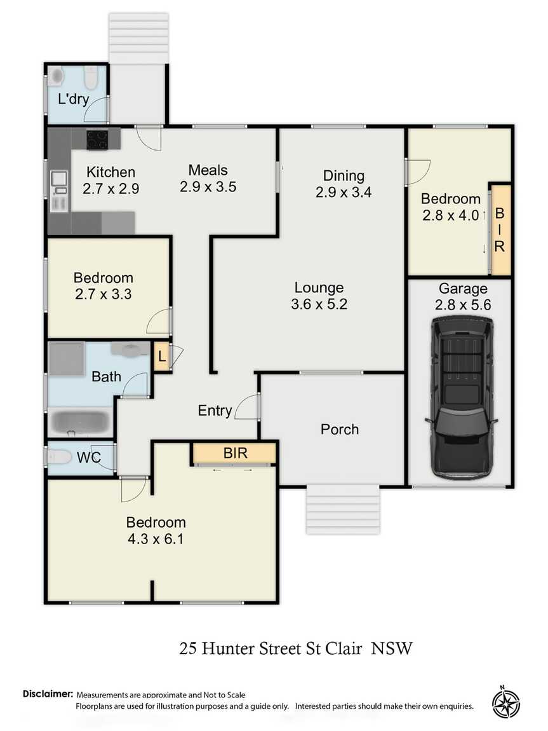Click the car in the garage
click(461, 397)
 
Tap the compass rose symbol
click(505, 702)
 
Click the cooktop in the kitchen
click(97, 139)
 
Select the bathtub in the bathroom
click(79, 422)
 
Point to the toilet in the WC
click(58, 456)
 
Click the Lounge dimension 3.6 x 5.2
click(319, 304)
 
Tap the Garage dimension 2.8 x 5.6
click(462, 304)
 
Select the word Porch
click(340, 429)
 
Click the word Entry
click(215, 410)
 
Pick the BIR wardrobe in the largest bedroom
click(235, 453)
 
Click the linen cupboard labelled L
click(161, 357)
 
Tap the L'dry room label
click(74, 99)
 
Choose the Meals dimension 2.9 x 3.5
click(208, 186)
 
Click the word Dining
click(344, 175)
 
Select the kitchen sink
click(59, 179)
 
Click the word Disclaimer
click(48, 693)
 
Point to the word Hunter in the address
click(228, 648)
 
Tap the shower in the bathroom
click(67, 359)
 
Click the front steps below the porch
click(343, 509)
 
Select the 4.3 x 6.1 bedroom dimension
click(156, 539)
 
